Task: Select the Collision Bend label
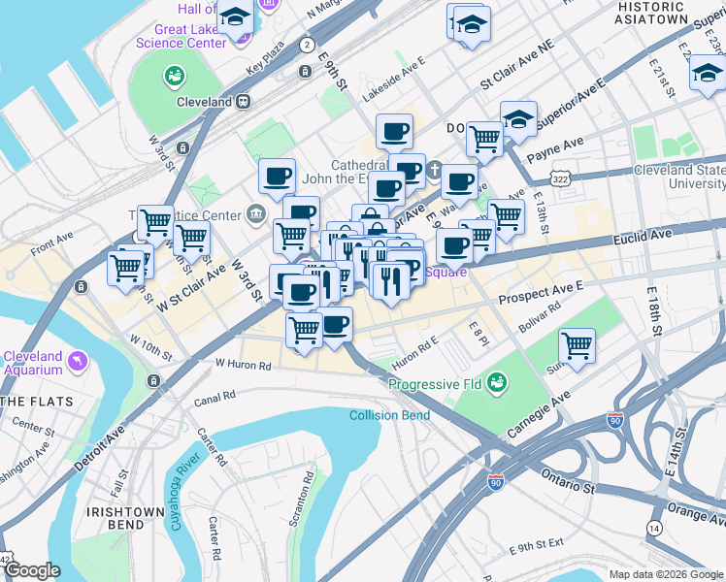click(389, 416)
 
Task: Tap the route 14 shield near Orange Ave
click(655, 528)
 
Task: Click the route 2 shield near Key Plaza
click(307, 45)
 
